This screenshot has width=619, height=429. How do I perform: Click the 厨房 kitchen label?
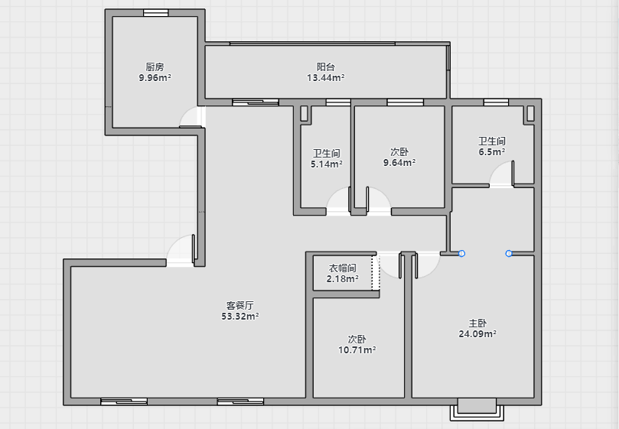tap(155, 67)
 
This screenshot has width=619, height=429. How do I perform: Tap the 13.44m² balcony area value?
tap(326, 78)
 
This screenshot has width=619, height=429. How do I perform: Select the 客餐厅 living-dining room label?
tap(240, 305)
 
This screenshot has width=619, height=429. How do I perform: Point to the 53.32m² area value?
tap(240, 316)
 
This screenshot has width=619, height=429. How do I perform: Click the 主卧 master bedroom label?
tap(477, 323)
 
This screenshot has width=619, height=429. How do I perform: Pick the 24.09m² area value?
tap(477, 334)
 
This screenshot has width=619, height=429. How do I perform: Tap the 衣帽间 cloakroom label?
tap(342, 268)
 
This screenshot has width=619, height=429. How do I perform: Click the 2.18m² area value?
tap(342, 279)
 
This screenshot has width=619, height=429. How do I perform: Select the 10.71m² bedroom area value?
tap(357, 350)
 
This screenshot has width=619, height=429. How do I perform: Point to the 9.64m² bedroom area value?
tap(399, 163)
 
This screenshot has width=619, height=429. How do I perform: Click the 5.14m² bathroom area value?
tap(327, 164)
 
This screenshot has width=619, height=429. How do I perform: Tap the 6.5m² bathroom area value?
tap(492, 152)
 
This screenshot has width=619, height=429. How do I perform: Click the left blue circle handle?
tap(461, 253)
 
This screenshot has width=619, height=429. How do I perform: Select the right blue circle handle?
tap(509, 253)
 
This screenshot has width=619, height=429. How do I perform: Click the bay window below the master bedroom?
tap(477, 410)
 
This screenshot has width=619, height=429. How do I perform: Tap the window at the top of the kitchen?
tap(155, 13)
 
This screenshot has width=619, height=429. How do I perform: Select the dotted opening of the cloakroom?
tap(376, 273)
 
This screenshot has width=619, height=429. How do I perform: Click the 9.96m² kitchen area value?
tap(155, 78)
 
